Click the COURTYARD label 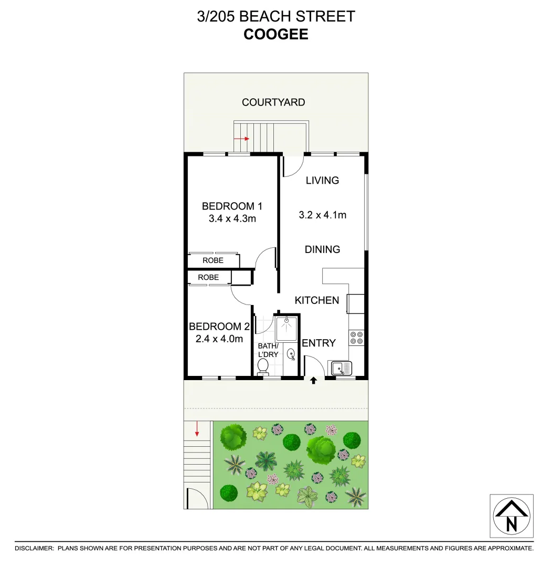coord(273,102)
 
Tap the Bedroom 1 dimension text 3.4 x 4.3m coord(232,218)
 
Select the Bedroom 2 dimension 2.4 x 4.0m coord(219,339)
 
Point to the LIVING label coord(322,181)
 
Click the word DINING coord(322,249)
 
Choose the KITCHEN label coord(316,300)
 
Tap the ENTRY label coord(319,343)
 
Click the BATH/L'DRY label coord(268,350)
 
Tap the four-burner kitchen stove coord(357,337)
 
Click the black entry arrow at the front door coord(314,381)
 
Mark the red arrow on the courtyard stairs coord(242,139)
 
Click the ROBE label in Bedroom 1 coord(213,260)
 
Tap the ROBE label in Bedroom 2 coord(208,277)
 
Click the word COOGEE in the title coord(275,35)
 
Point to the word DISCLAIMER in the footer coord(34,548)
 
